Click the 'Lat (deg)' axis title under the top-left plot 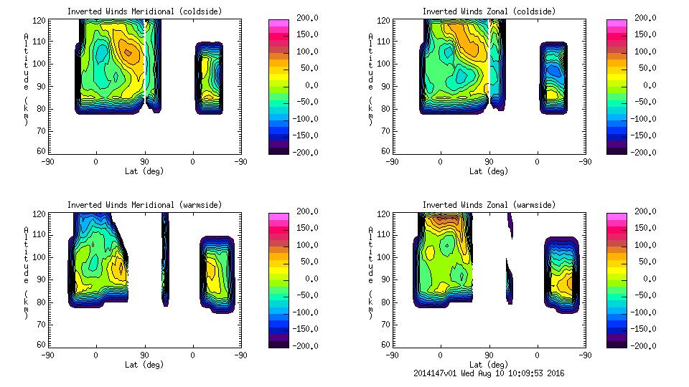pyautogui.click(x=144, y=171)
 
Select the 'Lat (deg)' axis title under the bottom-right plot pyautogui.click(x=489, y=365)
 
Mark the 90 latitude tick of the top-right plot pyautogui.click(x=489, y=162)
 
